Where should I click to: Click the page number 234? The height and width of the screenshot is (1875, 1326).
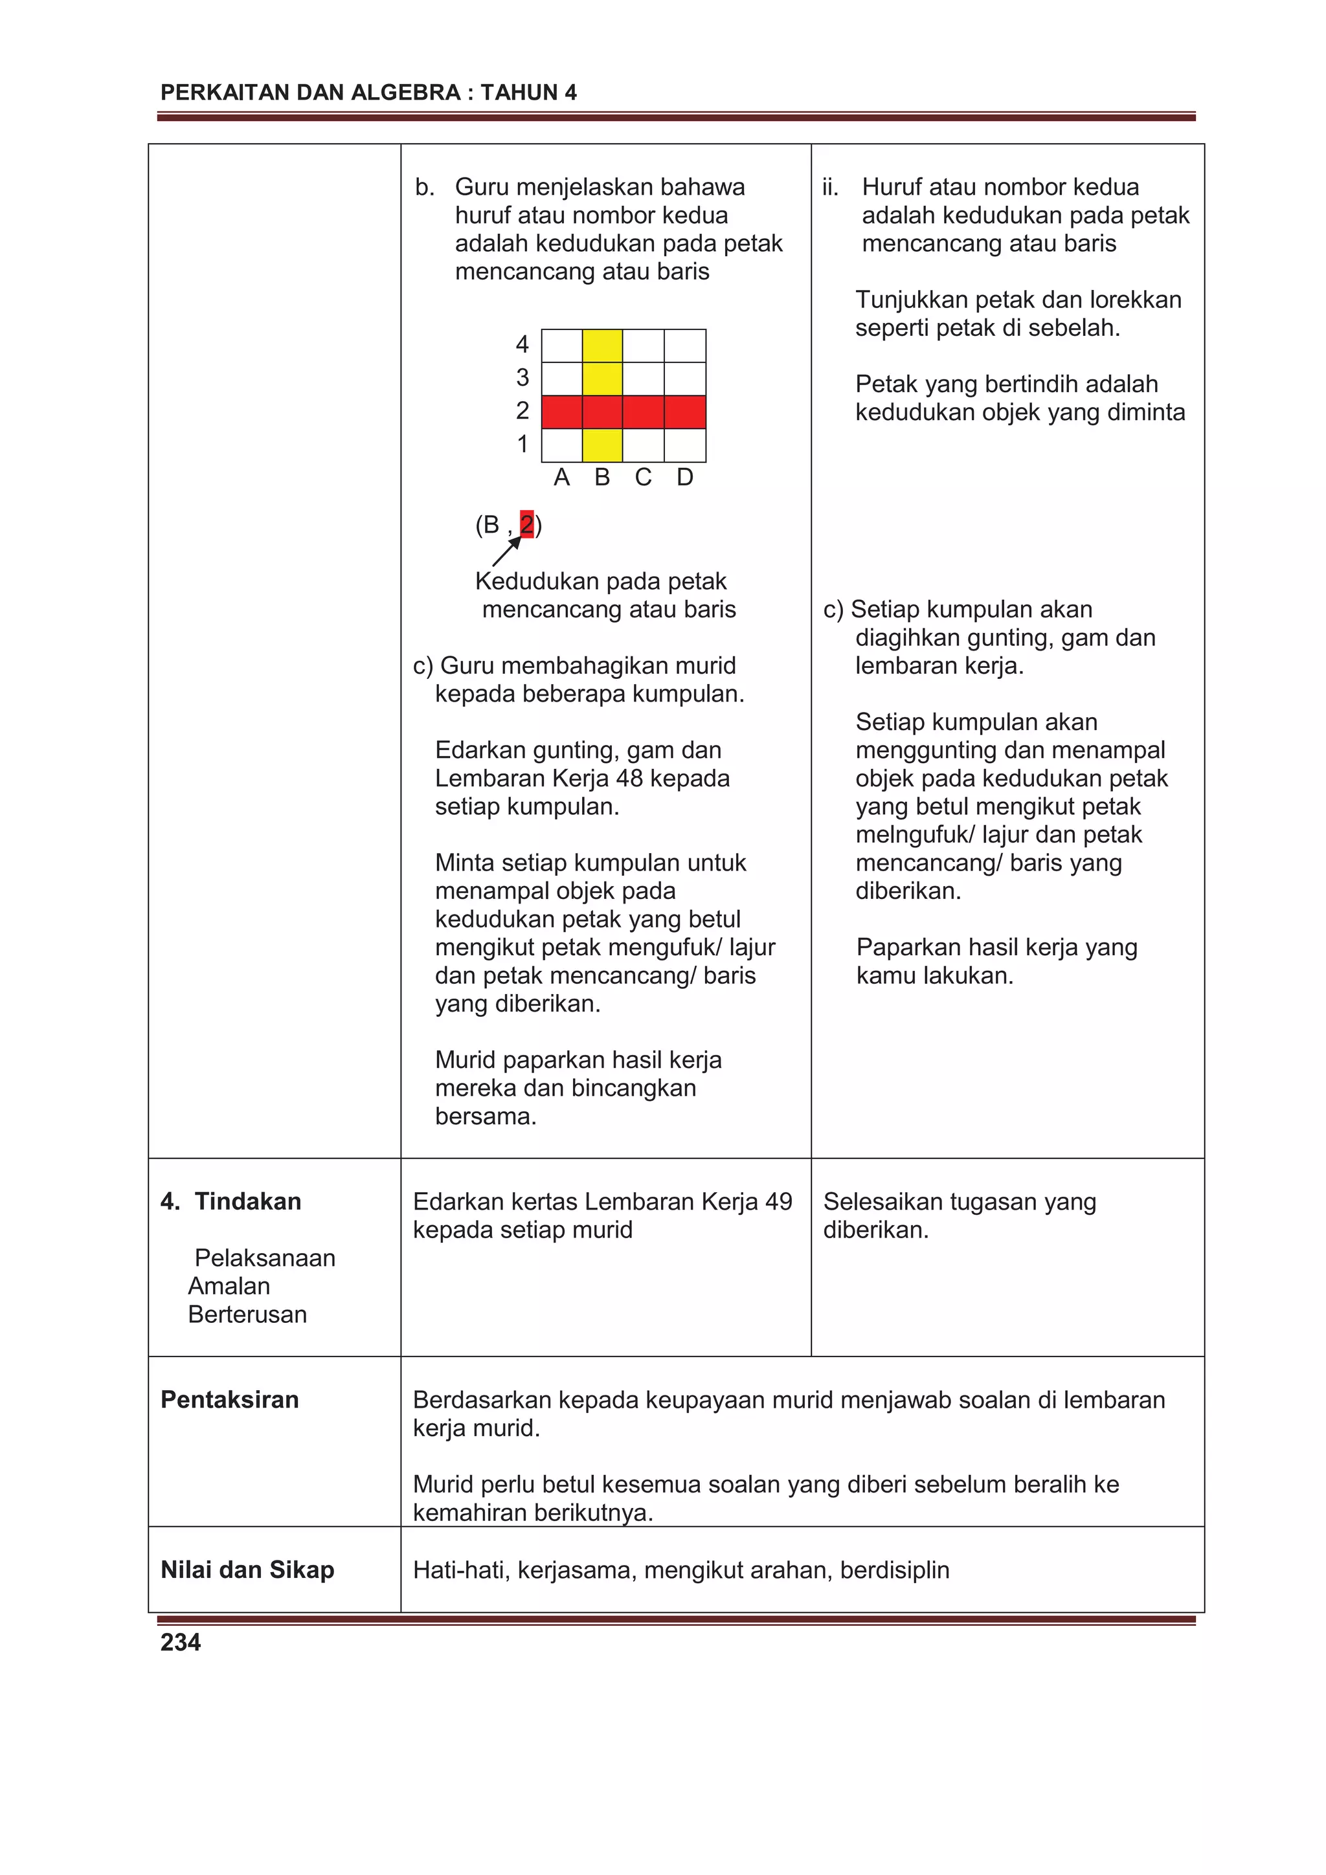click(181, 1641)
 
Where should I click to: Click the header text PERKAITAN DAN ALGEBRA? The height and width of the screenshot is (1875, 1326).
click(311, 93)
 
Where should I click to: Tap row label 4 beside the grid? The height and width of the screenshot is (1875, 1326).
click(522, 344)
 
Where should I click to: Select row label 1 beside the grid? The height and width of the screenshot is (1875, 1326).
click(522, 444)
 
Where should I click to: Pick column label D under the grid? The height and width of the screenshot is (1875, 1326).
click(684, 478)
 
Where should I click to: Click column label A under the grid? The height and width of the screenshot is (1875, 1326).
click(561, 478)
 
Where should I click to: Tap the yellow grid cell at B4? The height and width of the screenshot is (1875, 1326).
click(602, 346)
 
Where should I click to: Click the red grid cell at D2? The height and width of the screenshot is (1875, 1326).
click(684, 412)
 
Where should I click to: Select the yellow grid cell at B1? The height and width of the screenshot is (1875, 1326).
click(602, 445)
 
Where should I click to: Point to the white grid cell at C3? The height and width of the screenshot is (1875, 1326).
click(643, 379)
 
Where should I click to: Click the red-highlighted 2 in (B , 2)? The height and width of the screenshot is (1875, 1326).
click(527, 524)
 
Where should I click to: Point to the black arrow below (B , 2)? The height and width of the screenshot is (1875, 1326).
click(506, 552)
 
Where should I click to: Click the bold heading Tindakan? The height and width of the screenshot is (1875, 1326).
click(247, 1201)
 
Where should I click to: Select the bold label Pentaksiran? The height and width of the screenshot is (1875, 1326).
click(230, 1400)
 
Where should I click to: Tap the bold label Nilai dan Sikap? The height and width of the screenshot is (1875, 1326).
click(247, 1570)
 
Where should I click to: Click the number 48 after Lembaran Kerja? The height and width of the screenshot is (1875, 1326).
click(629, 778)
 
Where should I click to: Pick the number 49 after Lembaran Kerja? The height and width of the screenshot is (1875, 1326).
click(779, 1201)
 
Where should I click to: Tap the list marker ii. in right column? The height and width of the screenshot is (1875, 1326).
click(830, 187)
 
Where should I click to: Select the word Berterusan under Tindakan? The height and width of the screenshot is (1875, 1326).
click(247, 1314)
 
